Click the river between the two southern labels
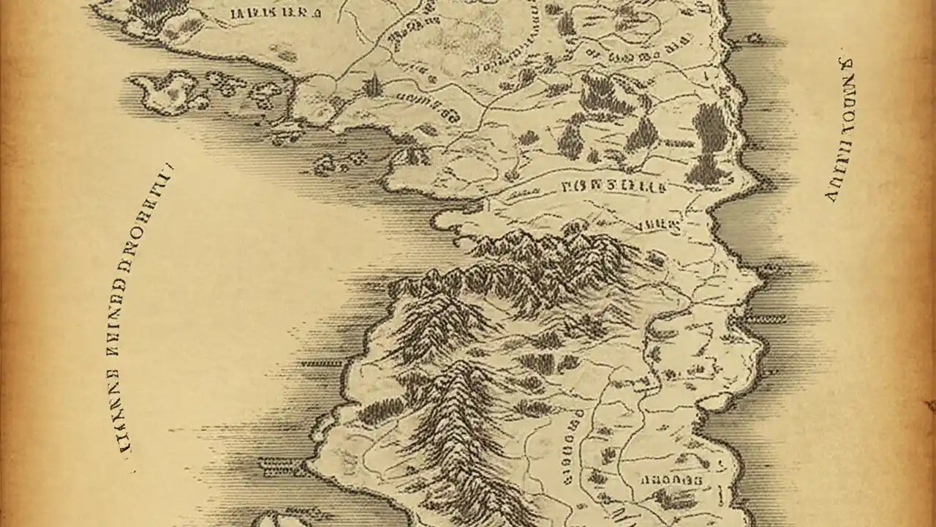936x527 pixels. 611,454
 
